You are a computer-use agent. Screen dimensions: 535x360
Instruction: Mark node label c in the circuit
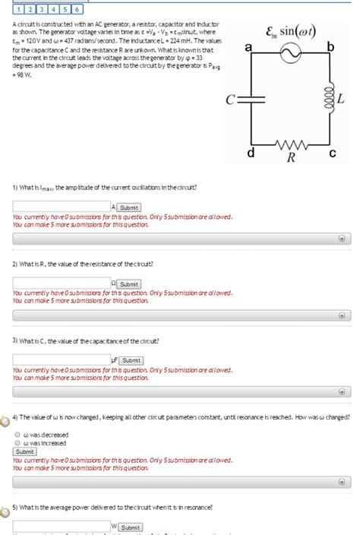coord(332,154)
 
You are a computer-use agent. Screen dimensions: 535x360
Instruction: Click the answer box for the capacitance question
coord(62,360)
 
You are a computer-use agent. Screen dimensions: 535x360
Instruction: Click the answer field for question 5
coord(62,526)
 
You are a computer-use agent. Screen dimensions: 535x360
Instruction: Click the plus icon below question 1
coord(342,238)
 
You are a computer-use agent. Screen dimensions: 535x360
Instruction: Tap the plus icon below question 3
coord(342,394)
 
